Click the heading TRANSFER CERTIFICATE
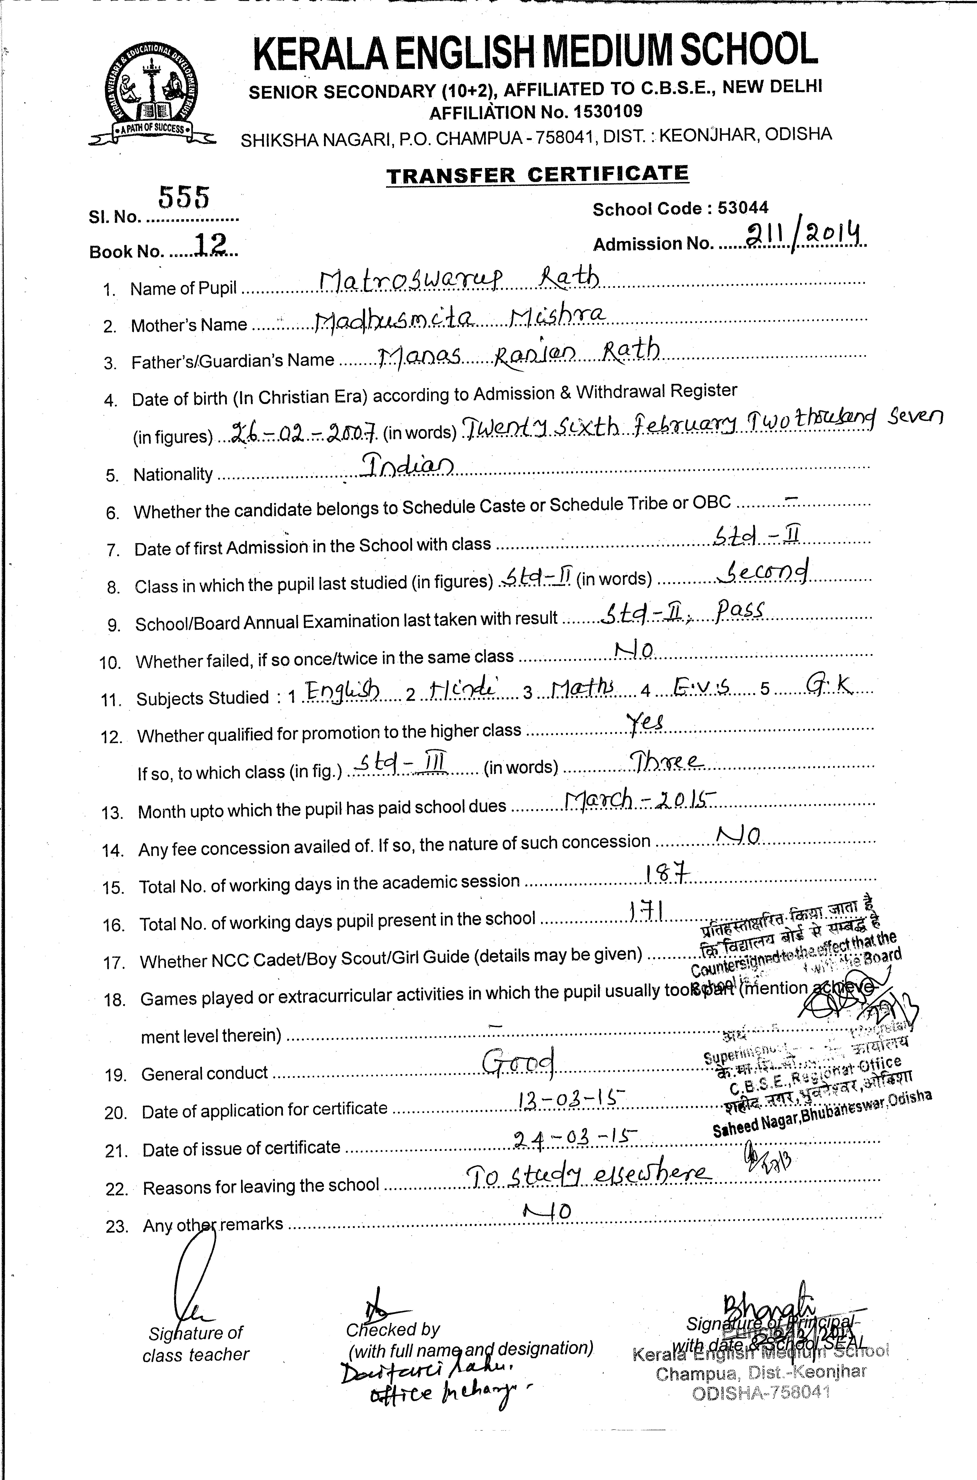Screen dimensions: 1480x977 (x=537, y=175)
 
